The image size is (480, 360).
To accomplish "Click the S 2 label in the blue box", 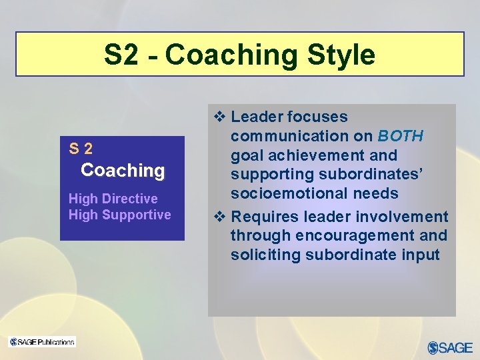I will (x=81, y=149).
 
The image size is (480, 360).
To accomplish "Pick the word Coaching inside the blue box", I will (x=123, y=170).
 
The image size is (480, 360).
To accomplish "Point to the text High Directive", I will (x=113, y=199).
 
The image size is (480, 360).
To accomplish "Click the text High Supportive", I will (x=120, y=215).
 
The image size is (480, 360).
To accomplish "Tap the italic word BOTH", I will (x=400, y=136).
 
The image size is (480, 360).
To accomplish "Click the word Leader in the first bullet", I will (x=257, y=117).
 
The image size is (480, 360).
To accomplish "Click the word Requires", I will (x=263, y=217).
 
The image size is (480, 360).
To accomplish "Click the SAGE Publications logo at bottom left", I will (x=42, y=342).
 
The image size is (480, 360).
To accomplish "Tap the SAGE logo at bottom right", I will (x=450, y=347).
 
